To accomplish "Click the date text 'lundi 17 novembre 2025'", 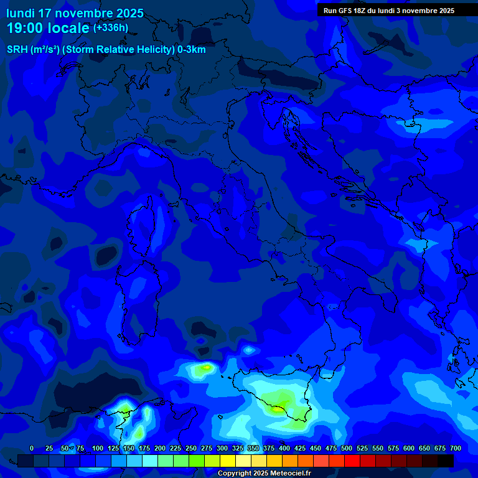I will coord(75,13).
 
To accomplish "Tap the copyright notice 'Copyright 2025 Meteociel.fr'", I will coord(264,474).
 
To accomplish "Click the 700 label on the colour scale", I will coord(455,448).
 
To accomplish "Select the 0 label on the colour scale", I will coord(32,448).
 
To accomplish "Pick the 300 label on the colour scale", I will coord(222,448).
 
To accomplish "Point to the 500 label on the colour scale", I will coord(347,448).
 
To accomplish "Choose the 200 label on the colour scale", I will coord(160,448).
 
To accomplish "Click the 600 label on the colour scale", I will coord(409,448).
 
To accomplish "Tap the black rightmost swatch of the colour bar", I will coord(446,461).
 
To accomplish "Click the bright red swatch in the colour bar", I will coord(352,461).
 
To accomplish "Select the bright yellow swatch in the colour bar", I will coord(228,461).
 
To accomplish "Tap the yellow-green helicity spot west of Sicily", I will coord(204,369).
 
